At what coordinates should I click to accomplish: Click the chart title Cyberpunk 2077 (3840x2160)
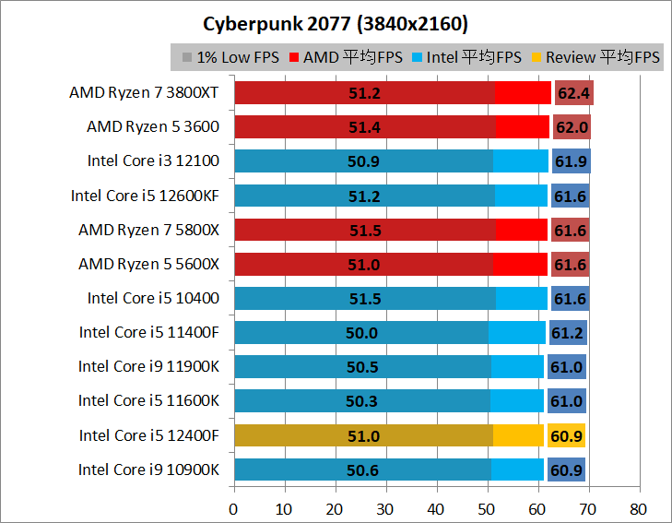(x=336, y=21)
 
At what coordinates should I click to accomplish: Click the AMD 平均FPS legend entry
(x=346, y=57)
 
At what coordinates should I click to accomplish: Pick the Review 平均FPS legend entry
(x=595, y=57)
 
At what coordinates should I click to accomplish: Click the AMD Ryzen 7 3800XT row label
(x=144, y=92)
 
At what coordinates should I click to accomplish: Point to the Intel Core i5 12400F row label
(x=148, y=435)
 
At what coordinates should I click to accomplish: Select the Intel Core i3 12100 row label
(x=153, y=160)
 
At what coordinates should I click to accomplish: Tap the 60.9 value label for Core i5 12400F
(x=566, y=435)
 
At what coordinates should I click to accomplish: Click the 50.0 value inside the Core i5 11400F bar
(x=361, y=332)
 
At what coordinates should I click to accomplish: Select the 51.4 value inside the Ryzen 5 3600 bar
(x=366, y=127)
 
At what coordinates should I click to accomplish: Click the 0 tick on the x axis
(x=234, y=508)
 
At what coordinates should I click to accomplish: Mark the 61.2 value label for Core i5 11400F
(x=567, y=332)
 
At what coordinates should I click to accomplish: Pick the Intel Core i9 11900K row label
(x=148, y=366)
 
